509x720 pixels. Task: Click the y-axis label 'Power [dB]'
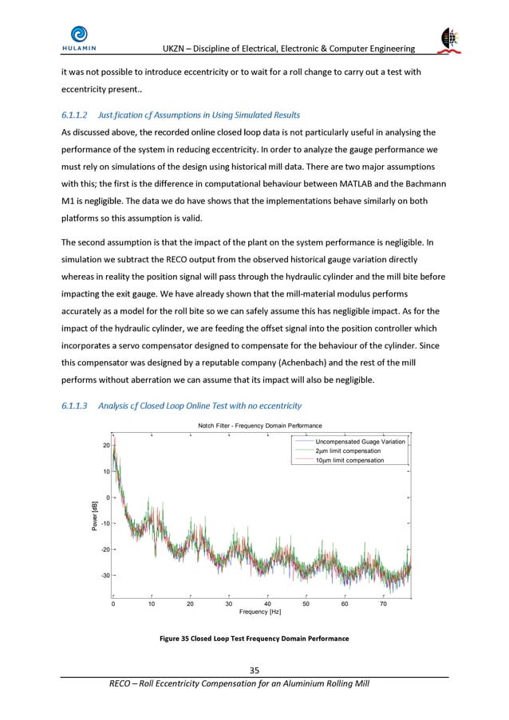(x=94, y=515)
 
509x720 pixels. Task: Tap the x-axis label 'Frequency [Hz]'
(x=261, y=613)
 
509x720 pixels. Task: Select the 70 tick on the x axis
(x=383, y=604)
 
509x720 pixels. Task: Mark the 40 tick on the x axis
(x=267, y=604)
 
